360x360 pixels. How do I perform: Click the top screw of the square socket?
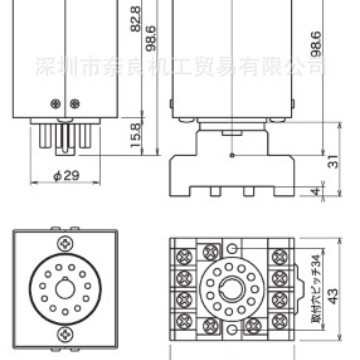click(65, 241)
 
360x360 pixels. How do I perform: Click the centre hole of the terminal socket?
click(231, 291)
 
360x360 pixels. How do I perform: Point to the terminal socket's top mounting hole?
click(231, 244)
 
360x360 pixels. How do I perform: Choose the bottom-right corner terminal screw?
click(278, 325)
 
